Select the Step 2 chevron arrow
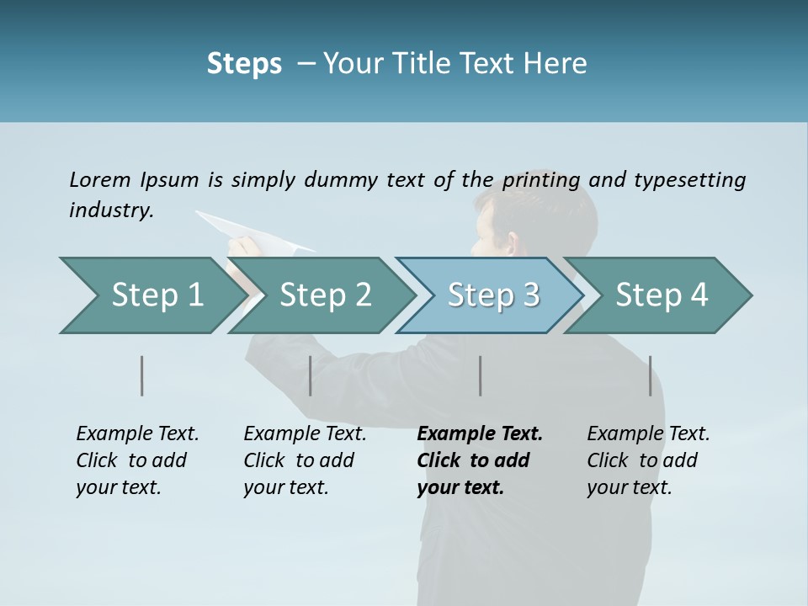(x=325, y=295)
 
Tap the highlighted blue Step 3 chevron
(x=493, y=295)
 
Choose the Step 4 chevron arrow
(x=662, y=295)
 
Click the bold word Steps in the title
(x=244, y=64)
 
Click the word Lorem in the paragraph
(x=99, y=179)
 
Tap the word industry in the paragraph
(x=111, y=210)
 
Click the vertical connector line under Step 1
(x=142, y=375)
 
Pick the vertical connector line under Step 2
(x=311, y=375)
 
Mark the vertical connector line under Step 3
(x=481, y=375)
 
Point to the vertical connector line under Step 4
(x=650, y=375)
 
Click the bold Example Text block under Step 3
(x=479, y=460)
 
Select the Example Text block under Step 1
(x=137, y=460)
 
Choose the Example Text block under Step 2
(x=305, y=460)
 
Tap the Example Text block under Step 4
(x=648, y=460)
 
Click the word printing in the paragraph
(x=542, y=180)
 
